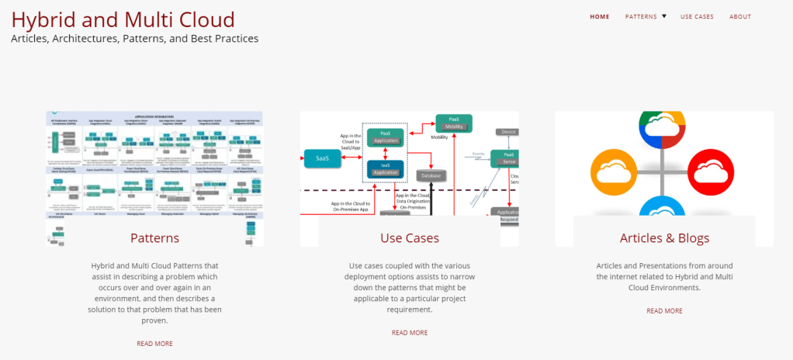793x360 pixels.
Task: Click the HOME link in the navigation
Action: click(599, 16)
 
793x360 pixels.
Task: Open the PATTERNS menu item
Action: click(640, 16)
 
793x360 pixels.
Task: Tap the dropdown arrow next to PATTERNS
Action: click(664, 16)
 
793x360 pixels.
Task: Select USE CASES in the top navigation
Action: click(697, 16)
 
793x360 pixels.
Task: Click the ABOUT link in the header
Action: click(740, 16)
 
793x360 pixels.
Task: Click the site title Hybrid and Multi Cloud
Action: click(123, 19)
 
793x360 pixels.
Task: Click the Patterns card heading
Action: click(154, 237)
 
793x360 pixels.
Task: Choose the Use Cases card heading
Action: click(409, 237)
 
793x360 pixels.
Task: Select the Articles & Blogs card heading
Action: click(664, 237)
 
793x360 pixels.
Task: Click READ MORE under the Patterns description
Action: click(154, 343)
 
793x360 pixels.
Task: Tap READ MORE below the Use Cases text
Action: click(409, 332)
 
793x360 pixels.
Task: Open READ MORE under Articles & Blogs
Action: click(664, 310)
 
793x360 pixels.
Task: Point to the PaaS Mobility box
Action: click(453, 123)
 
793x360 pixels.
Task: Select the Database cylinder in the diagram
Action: click(431, 176)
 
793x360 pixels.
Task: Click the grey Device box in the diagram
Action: click(508, 132)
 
